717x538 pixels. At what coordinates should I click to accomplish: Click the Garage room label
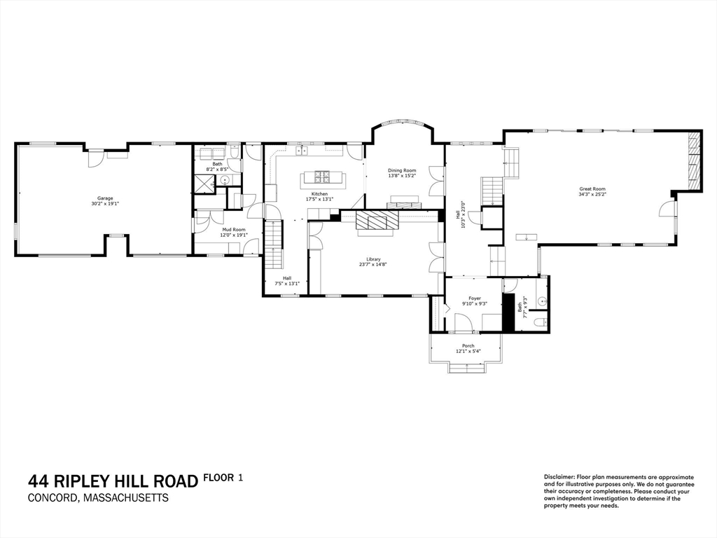click(105, 198)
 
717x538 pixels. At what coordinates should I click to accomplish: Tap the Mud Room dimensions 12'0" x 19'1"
click(235, 235)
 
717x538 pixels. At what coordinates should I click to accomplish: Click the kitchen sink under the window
click(303, 151)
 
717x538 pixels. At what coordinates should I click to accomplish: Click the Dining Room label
click(402, 170)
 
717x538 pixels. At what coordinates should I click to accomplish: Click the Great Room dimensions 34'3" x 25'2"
click(592, 195)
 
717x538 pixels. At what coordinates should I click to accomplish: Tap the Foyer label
click(474, 298)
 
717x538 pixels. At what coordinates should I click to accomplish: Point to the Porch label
click(468, 345)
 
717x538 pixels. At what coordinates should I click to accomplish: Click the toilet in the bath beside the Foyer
click(538, 322)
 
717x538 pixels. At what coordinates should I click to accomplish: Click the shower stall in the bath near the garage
click(205, 184)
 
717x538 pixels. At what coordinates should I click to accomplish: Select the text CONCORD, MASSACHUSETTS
click(98, 498)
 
